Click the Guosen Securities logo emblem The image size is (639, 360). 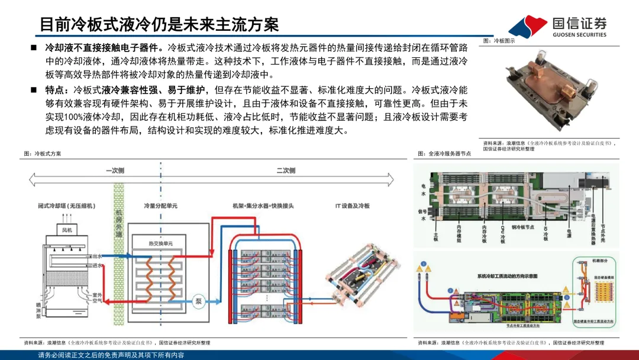click(528, 26)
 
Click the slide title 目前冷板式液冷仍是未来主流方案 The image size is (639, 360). click(159, 24)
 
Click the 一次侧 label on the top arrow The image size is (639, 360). click(115, 171)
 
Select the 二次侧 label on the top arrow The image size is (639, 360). click(285, 171)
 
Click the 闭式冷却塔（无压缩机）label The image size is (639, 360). click(66, 205)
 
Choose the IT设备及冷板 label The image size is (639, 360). click(352, 205)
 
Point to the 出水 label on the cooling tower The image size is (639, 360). click(97, 256)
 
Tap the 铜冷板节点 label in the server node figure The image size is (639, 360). click(522, 227)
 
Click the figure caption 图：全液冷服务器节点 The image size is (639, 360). click(444, 153)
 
